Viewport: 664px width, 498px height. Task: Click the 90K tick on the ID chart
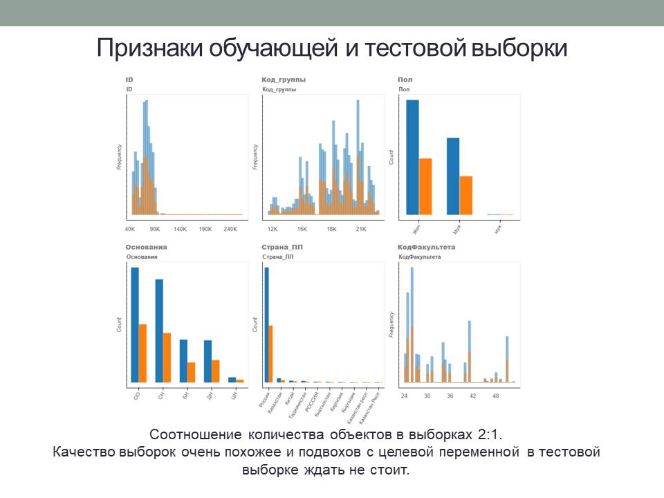(x=155, y=229)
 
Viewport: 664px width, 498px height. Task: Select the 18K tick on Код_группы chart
(x=331, y=229)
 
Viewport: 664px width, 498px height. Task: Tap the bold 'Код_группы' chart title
(x=284, y=80)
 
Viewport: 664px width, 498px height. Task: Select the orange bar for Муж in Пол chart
(x=465, y=196)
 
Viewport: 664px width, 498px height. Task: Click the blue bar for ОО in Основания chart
(x=135, y=325)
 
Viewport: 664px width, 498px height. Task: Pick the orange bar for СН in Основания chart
(x=167, y=358)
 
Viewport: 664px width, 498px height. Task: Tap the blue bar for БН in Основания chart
(x=183, y=361)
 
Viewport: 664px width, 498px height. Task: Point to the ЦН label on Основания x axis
(x=234, y=396)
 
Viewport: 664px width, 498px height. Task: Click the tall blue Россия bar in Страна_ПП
(x=266, y=325)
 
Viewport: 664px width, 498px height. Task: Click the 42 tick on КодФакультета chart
(x=472, y=396)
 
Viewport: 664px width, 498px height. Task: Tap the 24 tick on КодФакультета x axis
(x=405, y=396)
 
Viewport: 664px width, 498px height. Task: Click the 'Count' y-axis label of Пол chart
(x=391, y=157)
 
